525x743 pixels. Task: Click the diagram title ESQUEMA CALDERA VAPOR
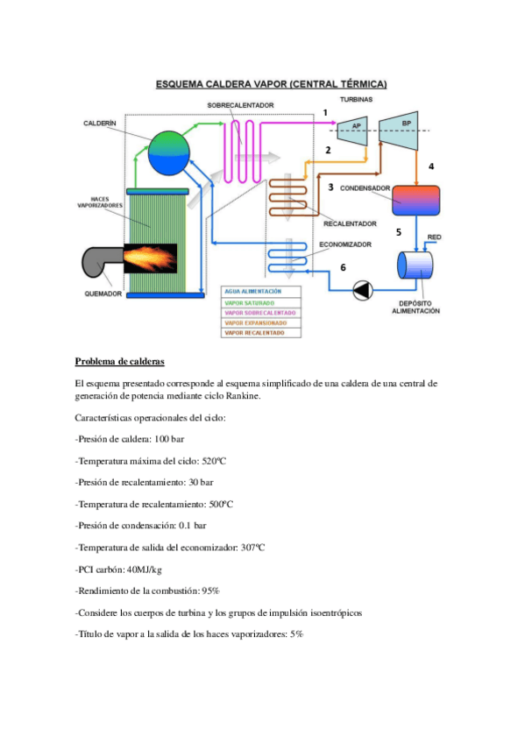[271, 84]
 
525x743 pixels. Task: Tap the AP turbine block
[355, 127]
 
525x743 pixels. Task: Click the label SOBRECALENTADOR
[240, 105]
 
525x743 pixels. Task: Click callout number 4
[430, 166]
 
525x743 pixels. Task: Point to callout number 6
[343, 266]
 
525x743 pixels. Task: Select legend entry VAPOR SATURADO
[248, 301]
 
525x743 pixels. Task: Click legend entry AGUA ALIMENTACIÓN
[253, 291]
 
